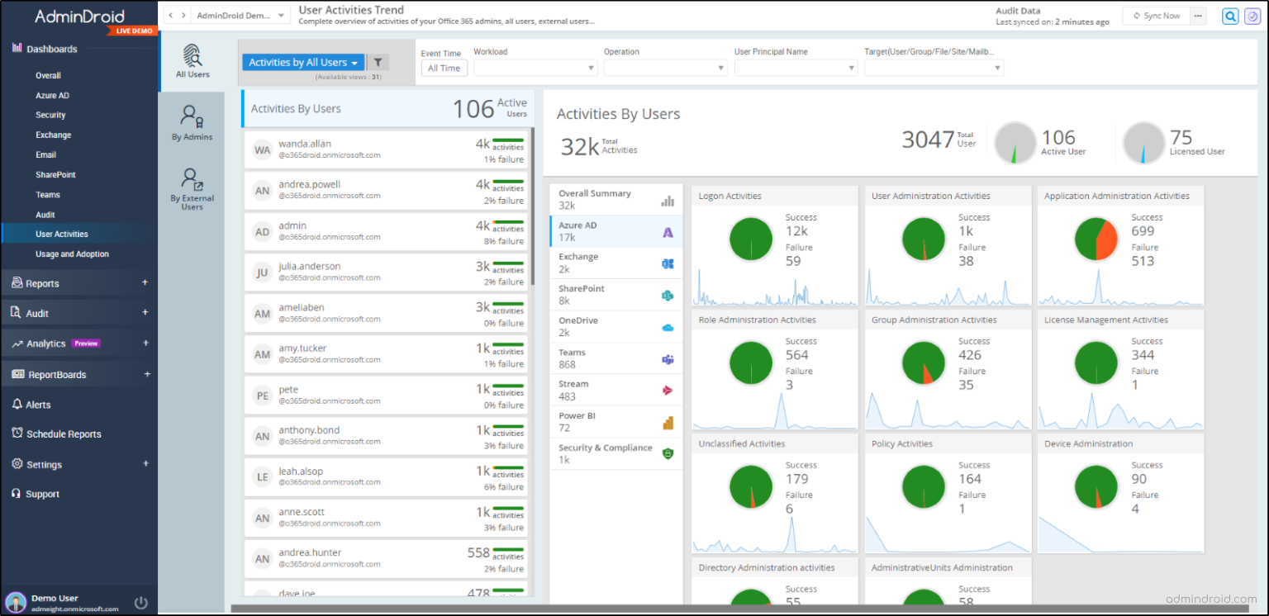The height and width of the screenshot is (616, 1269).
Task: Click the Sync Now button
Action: click(x=1156, y=16)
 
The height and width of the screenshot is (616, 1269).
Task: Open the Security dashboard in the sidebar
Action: click(x=50, y=115)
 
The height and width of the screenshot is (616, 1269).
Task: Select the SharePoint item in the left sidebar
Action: click(x=55, y=175)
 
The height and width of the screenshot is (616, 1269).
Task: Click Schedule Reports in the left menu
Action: click(x=64, y=434)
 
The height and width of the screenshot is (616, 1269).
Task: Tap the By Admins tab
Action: click(x=192, y=122)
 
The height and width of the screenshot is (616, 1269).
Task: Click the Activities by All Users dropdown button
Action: click(x=303, y=63)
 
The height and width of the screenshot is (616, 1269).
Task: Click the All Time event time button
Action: click(x=444, y=69)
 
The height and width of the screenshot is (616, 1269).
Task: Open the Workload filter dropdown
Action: click(x=535, y=69)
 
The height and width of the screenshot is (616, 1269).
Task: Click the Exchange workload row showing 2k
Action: click(x=615, y=263)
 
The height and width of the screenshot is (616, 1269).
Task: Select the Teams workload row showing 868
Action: click(x=615, y=358)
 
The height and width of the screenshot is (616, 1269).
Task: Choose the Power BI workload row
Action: click(x=615, y=422)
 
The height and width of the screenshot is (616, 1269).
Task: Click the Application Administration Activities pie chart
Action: click(x=1096, y=239)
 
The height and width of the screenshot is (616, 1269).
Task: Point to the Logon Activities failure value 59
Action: click(x=793, y=262)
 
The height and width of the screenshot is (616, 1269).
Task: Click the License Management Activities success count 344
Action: click(x=1143, y=355)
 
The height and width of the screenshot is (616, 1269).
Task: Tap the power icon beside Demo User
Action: click(x=141, y=603)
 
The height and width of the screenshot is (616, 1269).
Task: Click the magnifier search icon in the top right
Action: click(x=1230, y=16)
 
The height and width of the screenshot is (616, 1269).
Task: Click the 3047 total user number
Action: click(x=927, y=140)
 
